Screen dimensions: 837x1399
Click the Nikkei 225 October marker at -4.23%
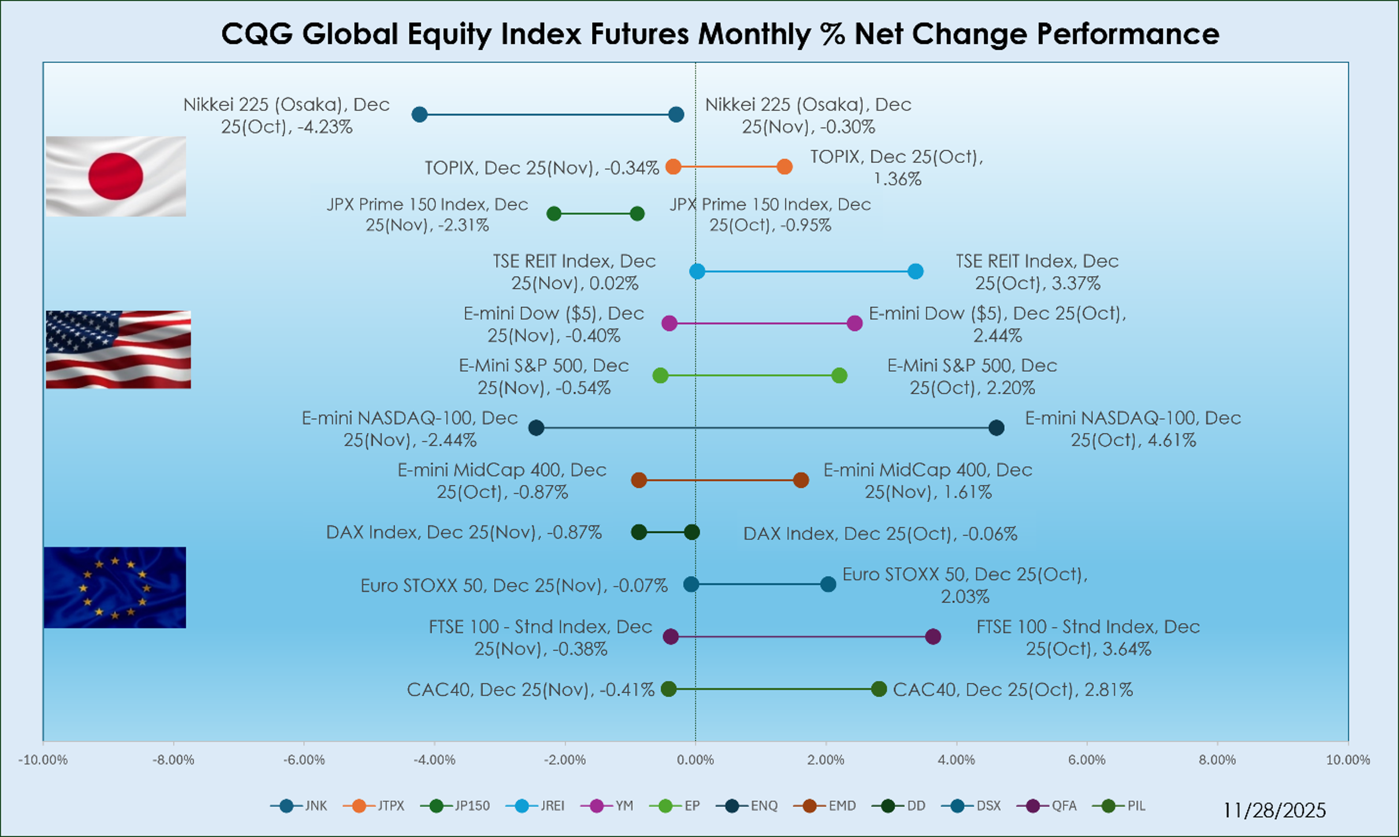point(420,114)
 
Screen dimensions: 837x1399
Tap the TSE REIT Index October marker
point(915,271)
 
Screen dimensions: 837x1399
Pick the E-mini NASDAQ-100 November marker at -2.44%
point(536,428)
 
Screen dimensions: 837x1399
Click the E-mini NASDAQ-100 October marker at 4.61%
point(996,428)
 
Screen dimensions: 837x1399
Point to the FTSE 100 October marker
point(933,637)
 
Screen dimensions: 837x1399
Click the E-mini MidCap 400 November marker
point(800,480)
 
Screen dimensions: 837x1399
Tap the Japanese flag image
point(115,176)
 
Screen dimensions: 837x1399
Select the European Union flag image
point(114,587)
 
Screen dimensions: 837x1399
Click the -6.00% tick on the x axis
point(304,760)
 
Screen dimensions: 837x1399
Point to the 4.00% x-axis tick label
point(956,760)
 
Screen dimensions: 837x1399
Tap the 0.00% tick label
point(695,760)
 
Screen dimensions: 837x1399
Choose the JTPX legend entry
point(374,805)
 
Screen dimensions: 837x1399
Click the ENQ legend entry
point(748,805)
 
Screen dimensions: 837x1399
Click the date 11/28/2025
point(1274,811)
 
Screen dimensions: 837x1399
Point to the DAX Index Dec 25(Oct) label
point(880,534)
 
